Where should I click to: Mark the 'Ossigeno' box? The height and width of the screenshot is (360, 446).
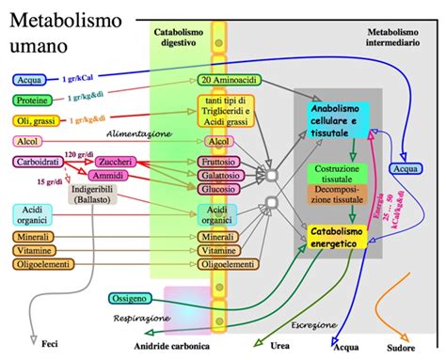[129, 298]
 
